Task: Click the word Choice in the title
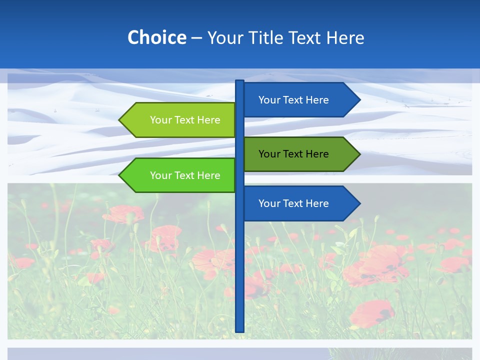click(156, 37)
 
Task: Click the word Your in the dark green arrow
click(268, 154)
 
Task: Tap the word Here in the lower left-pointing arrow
click(208, 175)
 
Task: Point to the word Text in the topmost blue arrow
click(294, 100)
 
